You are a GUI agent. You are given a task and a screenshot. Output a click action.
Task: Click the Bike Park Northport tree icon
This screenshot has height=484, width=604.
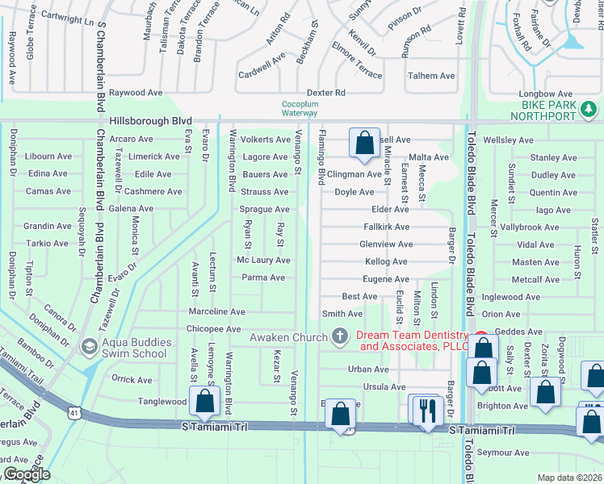589,108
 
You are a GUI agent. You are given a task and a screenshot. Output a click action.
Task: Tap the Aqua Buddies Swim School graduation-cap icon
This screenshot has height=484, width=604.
90,348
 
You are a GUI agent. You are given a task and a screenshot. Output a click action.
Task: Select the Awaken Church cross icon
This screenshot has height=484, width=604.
340,336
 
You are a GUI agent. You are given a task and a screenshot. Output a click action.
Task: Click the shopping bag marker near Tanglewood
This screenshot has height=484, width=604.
204,401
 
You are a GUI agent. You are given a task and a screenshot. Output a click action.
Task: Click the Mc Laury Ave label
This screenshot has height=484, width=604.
262,261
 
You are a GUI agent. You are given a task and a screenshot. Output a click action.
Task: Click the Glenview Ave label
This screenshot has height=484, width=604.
386,244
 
